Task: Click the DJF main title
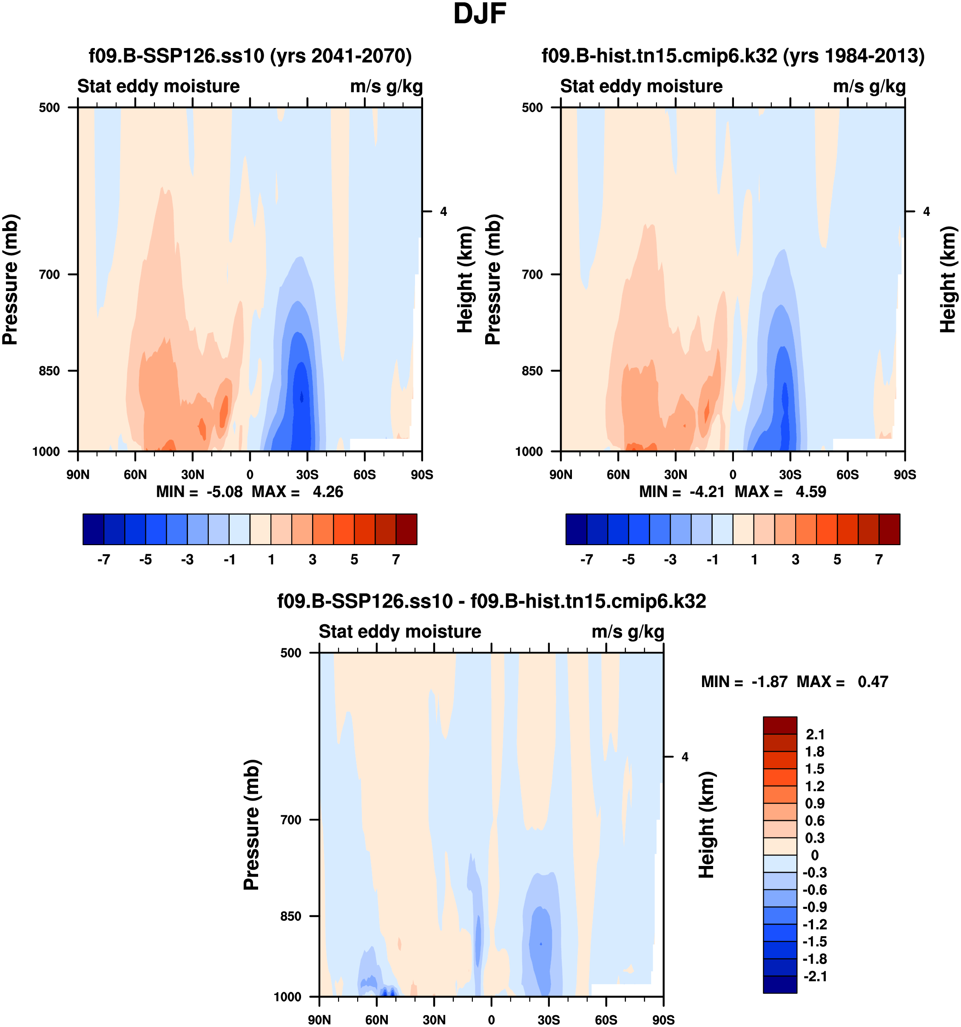479,14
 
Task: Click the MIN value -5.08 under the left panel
225,492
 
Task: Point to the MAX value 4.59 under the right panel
810,492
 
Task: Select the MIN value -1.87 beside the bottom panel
769,682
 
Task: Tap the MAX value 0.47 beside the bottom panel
873,682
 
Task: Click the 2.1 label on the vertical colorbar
815,735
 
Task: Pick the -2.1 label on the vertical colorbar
815,976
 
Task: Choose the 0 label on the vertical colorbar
815,855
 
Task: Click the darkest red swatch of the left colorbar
407,529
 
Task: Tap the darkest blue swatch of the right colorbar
577,529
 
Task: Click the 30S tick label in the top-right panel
790,475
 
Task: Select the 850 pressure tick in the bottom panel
290,917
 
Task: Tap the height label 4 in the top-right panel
927,211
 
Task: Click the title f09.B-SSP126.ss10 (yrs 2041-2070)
250,56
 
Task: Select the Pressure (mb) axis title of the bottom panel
251,825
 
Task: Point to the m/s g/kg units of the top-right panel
869,86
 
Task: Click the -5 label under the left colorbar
145,560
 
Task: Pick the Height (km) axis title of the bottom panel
706,825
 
